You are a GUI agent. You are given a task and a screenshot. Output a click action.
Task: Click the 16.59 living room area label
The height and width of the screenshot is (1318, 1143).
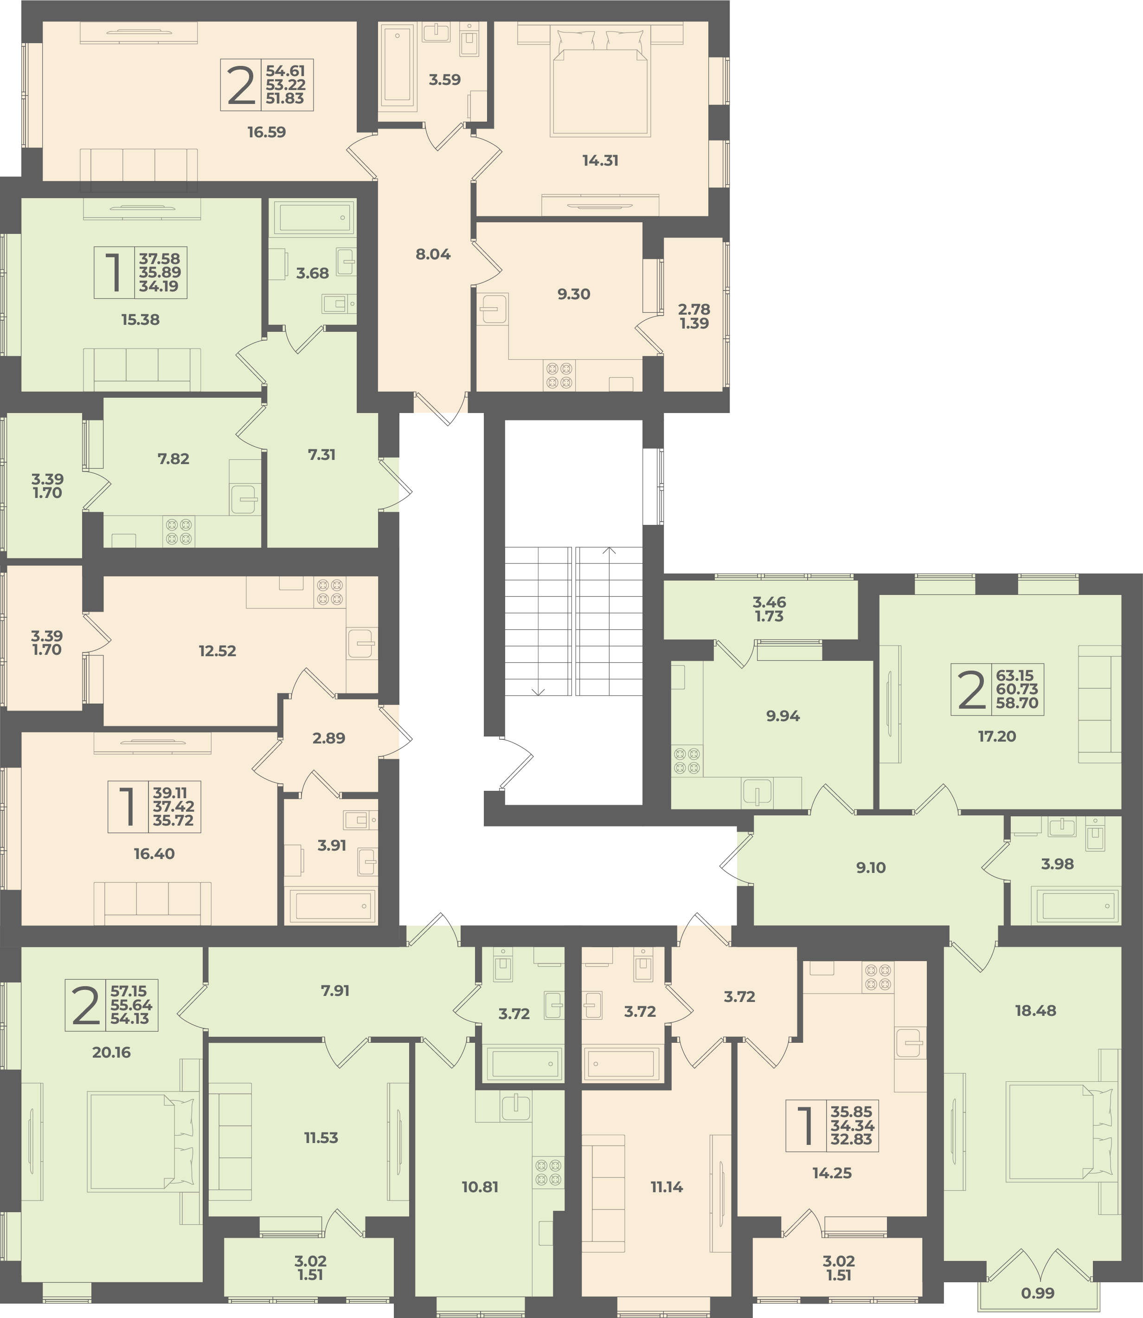coord(267,132)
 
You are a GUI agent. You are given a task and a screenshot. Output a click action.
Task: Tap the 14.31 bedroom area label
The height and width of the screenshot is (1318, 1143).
coord(600,160)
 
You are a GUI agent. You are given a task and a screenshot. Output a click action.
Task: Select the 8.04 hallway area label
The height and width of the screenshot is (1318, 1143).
coord(433,254)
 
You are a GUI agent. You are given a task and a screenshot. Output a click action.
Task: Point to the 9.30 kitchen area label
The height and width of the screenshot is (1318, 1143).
coord(573,294)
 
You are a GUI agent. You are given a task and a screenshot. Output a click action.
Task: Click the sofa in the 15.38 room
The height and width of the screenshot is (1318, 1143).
coord(141,369)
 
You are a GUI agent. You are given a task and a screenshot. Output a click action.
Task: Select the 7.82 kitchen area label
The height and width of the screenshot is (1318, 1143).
coord(173,459)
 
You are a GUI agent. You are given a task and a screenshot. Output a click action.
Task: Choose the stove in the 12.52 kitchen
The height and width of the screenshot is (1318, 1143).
coord(329,591)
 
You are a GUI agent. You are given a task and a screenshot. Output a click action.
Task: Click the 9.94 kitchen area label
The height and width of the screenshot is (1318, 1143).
coord(783,716)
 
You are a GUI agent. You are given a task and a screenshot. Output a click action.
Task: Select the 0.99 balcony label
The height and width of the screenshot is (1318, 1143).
coord(1037,1293)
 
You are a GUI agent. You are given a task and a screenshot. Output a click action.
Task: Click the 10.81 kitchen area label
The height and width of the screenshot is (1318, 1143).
coord(480,1187)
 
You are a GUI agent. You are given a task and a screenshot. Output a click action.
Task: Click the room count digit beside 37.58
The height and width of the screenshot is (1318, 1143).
coord(114,272)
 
